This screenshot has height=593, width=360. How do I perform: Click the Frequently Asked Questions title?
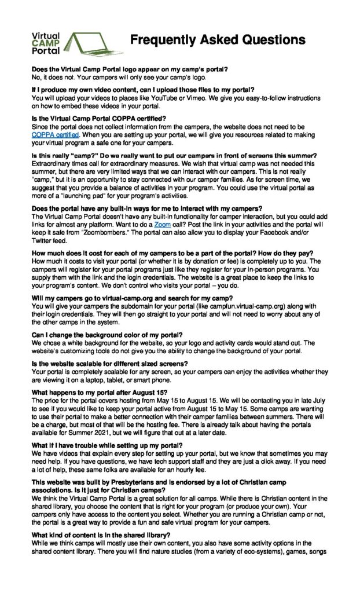tap(218, 40)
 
